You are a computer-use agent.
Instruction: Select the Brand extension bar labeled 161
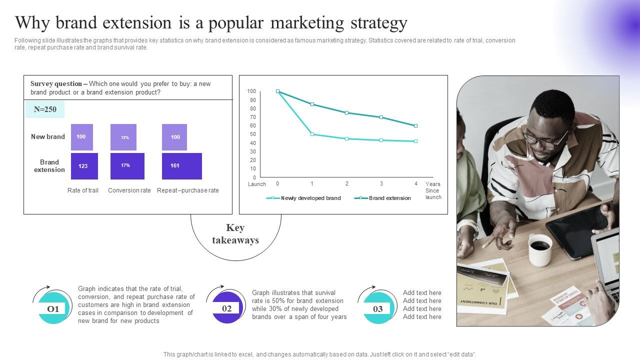point(182,166)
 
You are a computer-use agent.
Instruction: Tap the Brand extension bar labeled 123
point(84,166)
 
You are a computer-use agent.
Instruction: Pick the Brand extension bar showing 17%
point(127,166)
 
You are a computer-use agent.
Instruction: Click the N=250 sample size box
point(45,109)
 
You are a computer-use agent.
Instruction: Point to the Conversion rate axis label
point(129,190)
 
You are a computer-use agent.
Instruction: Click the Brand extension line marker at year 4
point(415,125)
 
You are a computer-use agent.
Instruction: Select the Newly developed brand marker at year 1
point(312,134)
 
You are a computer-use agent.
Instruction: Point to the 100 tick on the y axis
point(251,91)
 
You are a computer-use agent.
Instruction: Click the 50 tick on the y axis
point(253,134)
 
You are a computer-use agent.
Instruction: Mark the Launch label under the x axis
point(257,184)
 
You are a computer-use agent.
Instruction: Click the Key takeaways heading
point(235,234)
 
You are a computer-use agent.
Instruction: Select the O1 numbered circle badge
point(52,309)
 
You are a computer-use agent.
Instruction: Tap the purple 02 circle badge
point(227,308)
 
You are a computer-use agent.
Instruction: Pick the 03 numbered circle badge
point(378,309)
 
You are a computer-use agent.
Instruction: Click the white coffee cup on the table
point(540,249)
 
